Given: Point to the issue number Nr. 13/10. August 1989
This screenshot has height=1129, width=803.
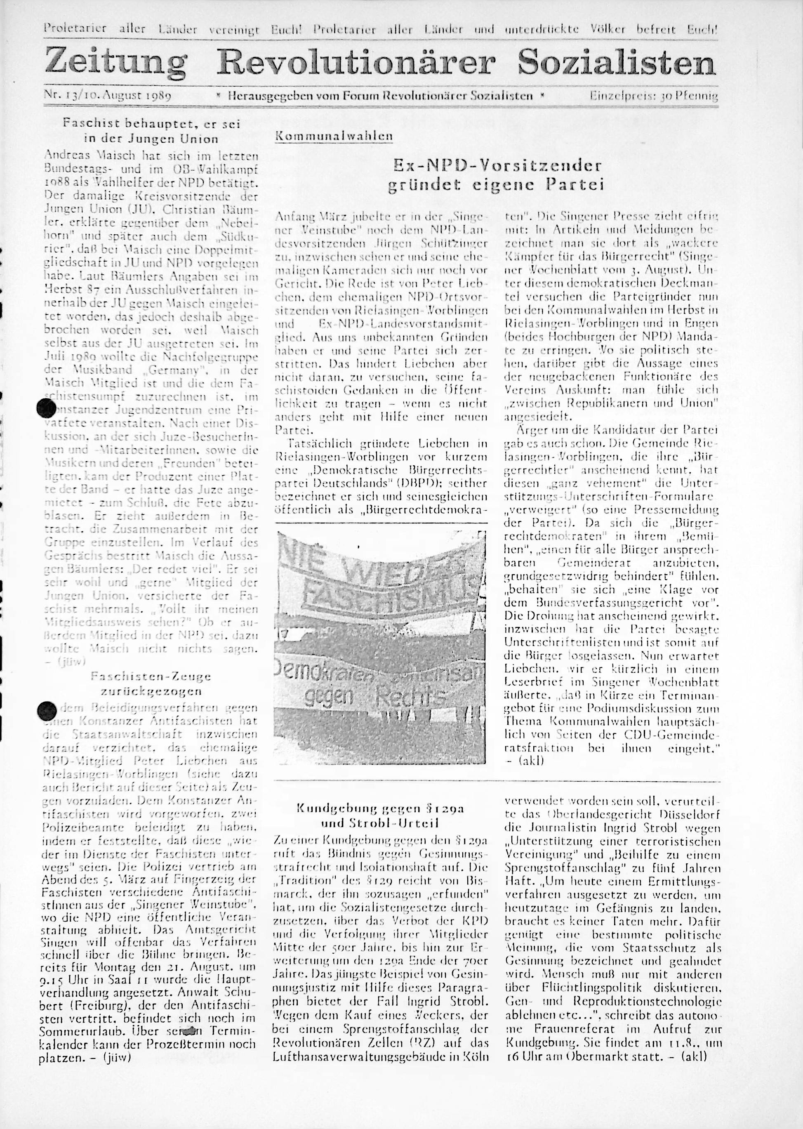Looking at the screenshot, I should point(108,95).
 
